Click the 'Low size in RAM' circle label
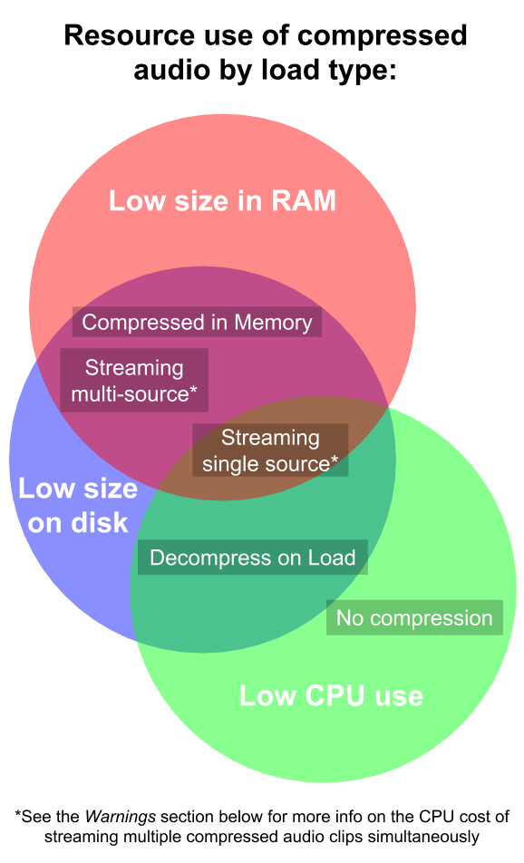(222, 200)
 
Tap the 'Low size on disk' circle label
(78, 506)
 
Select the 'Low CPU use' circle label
(331, 695)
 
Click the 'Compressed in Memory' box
(197, 322)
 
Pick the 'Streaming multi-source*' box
(134, 381)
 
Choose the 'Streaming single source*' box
(270, 451)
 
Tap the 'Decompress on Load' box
(252, 558)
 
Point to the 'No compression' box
(414, 618)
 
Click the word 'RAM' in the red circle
(302, 200)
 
